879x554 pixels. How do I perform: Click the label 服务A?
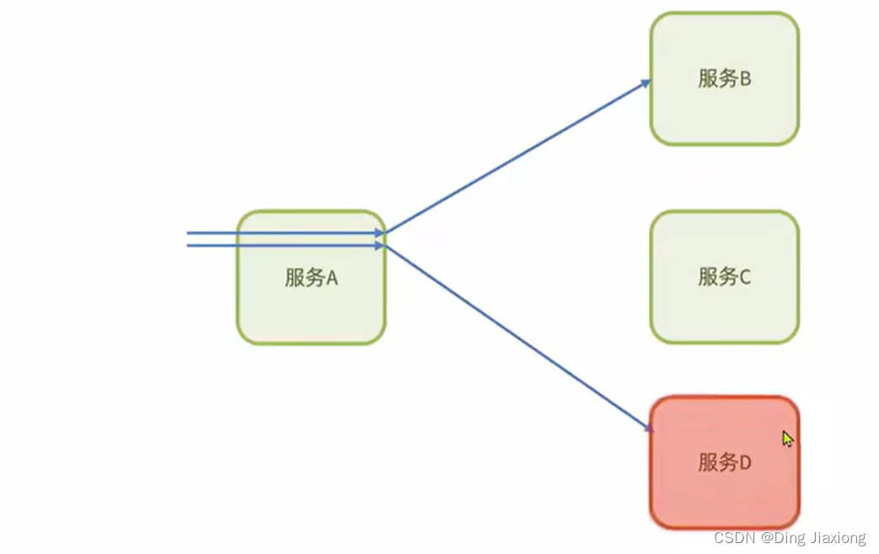pos(311,278)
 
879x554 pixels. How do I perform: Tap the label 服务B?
pos(724,79)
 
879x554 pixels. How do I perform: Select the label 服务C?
pos(724,276)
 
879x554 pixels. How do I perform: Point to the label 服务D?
pos(724,462)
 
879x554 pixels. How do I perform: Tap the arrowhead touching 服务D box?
pos(649,429)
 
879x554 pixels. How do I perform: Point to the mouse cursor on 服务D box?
pos(786,438)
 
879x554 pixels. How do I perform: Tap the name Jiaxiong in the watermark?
pos(836,537)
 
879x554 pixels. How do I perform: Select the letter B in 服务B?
pos(745,79)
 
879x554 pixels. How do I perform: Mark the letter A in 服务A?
pos(331,278)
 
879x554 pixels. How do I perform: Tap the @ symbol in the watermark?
pos(767,537)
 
